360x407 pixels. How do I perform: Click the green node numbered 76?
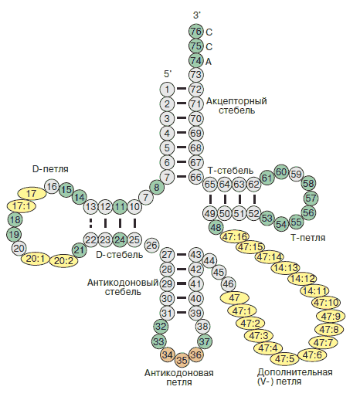coord(195,32)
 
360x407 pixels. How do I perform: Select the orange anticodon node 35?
coord(182,361)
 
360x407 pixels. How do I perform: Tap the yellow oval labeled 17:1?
coord(22,206)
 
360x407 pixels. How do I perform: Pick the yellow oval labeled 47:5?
coord(285,358)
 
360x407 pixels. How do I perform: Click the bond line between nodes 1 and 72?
coord(182,89)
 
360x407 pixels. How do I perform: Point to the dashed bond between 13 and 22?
coord(90,223)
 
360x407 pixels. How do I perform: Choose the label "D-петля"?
coord(50,169)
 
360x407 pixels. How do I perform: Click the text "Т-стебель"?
coord(230,171)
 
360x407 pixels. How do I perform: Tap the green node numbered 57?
coord(311,198)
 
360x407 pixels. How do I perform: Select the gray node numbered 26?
coord(152,245)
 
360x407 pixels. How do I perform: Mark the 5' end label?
coord(168,74)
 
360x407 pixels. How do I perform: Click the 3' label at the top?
coord(197,15)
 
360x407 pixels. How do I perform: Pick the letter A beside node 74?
coord(209,62)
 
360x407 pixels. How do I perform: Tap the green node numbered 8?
coord(157,187)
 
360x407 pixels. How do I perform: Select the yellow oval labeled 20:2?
coord(64,260)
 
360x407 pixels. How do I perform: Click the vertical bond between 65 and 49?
coord(210,199)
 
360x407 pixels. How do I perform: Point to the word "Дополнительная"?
coord(295,372)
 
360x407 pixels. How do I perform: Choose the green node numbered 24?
coord(120,239)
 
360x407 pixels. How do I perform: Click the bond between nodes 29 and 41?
coord(182,283)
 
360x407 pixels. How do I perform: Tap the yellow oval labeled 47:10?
coord(327,303)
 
